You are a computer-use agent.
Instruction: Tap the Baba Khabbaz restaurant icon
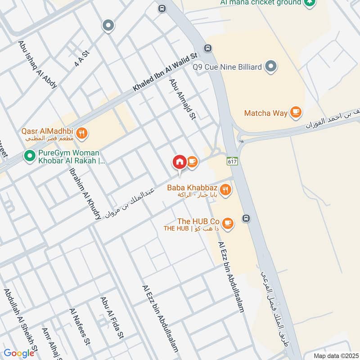click(x=226, y=190)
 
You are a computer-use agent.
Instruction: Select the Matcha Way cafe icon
click(x=295, y=112)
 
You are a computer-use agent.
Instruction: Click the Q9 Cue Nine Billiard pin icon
click(x=270, y=67)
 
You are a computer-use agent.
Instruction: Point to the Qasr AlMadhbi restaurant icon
click(x=82, y=133)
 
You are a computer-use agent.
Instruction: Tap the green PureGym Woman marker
click(x=30, y=156)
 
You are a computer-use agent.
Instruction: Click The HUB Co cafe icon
click(x=228, y=223)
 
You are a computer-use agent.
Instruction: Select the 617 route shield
click(x=232, y=161)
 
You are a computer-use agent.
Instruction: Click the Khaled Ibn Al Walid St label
click(x=165, y=72)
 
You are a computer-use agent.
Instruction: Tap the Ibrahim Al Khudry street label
click(x=85, y=194)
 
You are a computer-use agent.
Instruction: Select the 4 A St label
click(x=82, y=59)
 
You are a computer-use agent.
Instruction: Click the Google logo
click(x=19, y=353)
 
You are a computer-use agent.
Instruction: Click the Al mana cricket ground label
click(x=267, y=3)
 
